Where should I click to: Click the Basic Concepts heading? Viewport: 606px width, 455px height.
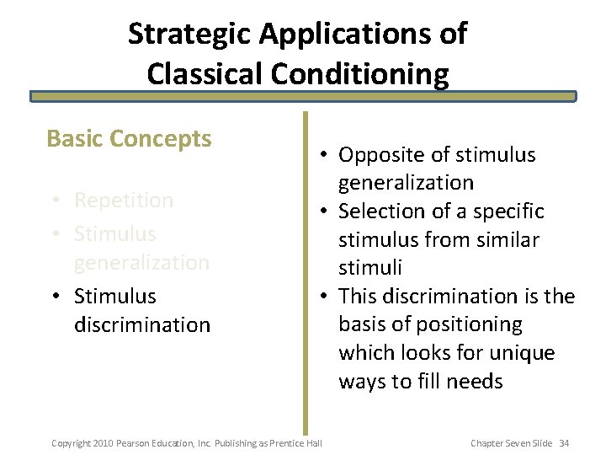129,138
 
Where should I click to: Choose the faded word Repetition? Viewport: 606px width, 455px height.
124,201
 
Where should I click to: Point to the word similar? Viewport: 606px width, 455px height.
506,240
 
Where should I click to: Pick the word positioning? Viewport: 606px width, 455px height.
474,324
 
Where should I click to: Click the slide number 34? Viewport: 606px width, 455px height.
564,442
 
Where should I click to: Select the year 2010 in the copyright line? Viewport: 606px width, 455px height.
102,442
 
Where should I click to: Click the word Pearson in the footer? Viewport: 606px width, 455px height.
132,442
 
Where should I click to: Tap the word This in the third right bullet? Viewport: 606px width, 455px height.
361,297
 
